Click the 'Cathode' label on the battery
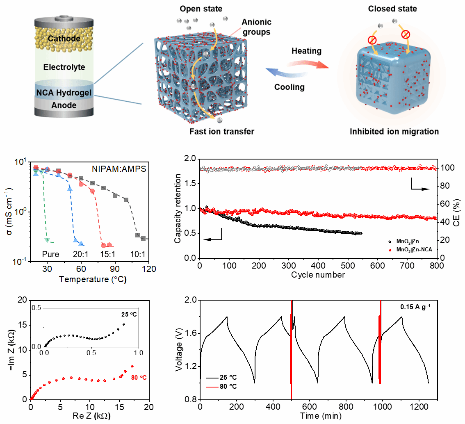point(63,39)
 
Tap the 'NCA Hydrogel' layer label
point(64,93)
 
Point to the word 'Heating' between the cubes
point(306,51)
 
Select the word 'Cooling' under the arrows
point(289,87)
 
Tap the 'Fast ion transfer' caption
point(222,132)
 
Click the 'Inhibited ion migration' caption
point(394,132)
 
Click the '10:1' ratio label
point(137,254)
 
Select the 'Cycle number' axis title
point(318,274)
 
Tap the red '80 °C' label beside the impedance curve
point(138,377)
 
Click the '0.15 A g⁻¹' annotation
point(416,306)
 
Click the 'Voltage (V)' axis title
point(179,350)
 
